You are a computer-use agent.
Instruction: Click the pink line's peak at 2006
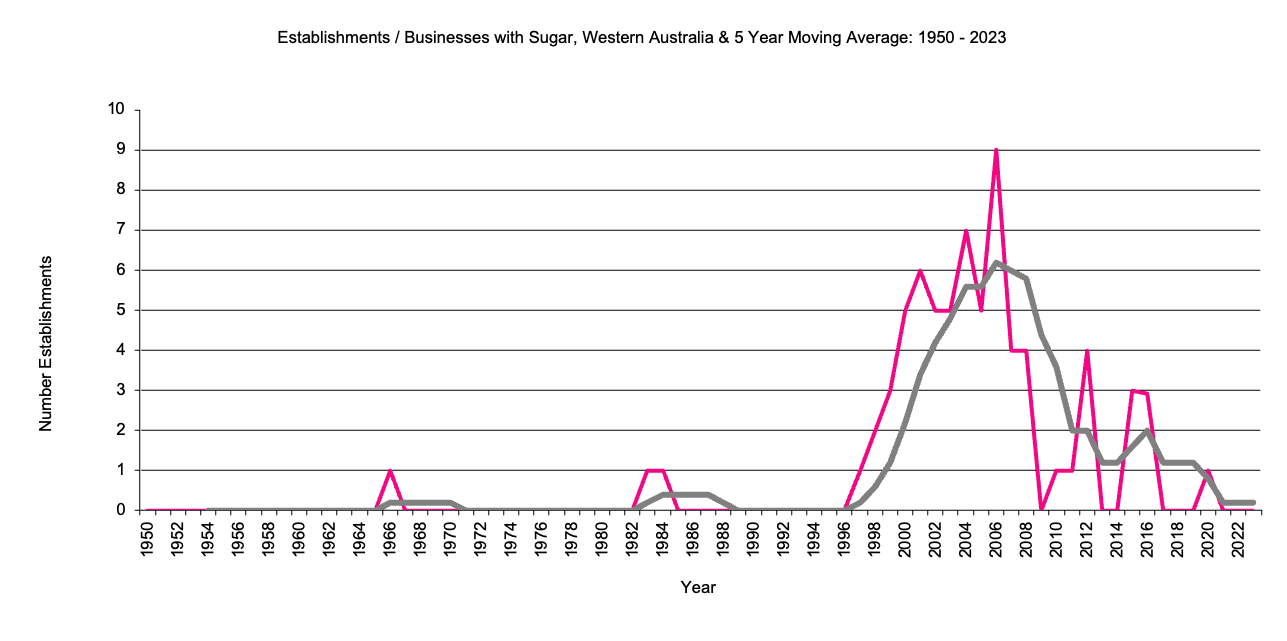pos(996,150)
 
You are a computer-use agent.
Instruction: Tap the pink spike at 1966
pos(390,470)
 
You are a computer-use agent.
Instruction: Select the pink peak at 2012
pos(1086,351)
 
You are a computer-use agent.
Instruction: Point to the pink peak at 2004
pos(966,231)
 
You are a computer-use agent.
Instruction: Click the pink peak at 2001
pos(920,271)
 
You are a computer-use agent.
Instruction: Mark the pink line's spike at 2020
pos(1208,470)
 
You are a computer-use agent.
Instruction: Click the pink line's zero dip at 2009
pos(1041,509)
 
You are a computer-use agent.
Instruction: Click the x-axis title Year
pos(698,587)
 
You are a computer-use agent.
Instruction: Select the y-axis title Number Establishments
pos(45,343)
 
